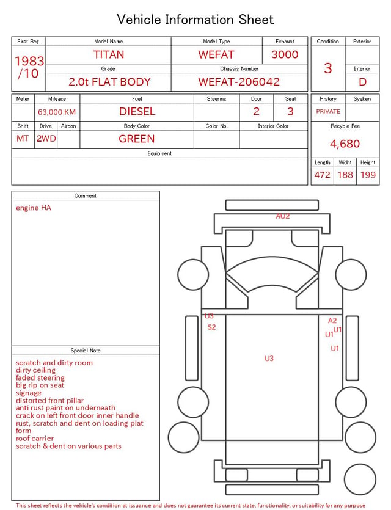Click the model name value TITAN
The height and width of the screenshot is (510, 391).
coord(109,54)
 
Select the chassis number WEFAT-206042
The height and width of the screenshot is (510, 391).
coord(239,82)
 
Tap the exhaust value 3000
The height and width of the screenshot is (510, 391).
coord(285,54)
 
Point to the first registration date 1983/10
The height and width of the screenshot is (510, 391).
coord(29,67)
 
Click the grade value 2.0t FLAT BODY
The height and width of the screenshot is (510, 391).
coord(109,82)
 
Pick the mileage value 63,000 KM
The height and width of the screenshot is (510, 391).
coord(57,112)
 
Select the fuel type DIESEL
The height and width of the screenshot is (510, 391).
coord(137,112)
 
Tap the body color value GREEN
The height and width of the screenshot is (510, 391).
coord(137,139)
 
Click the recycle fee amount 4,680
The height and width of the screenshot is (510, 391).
coord(345,144)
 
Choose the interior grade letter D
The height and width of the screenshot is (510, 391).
coord(362,82)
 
